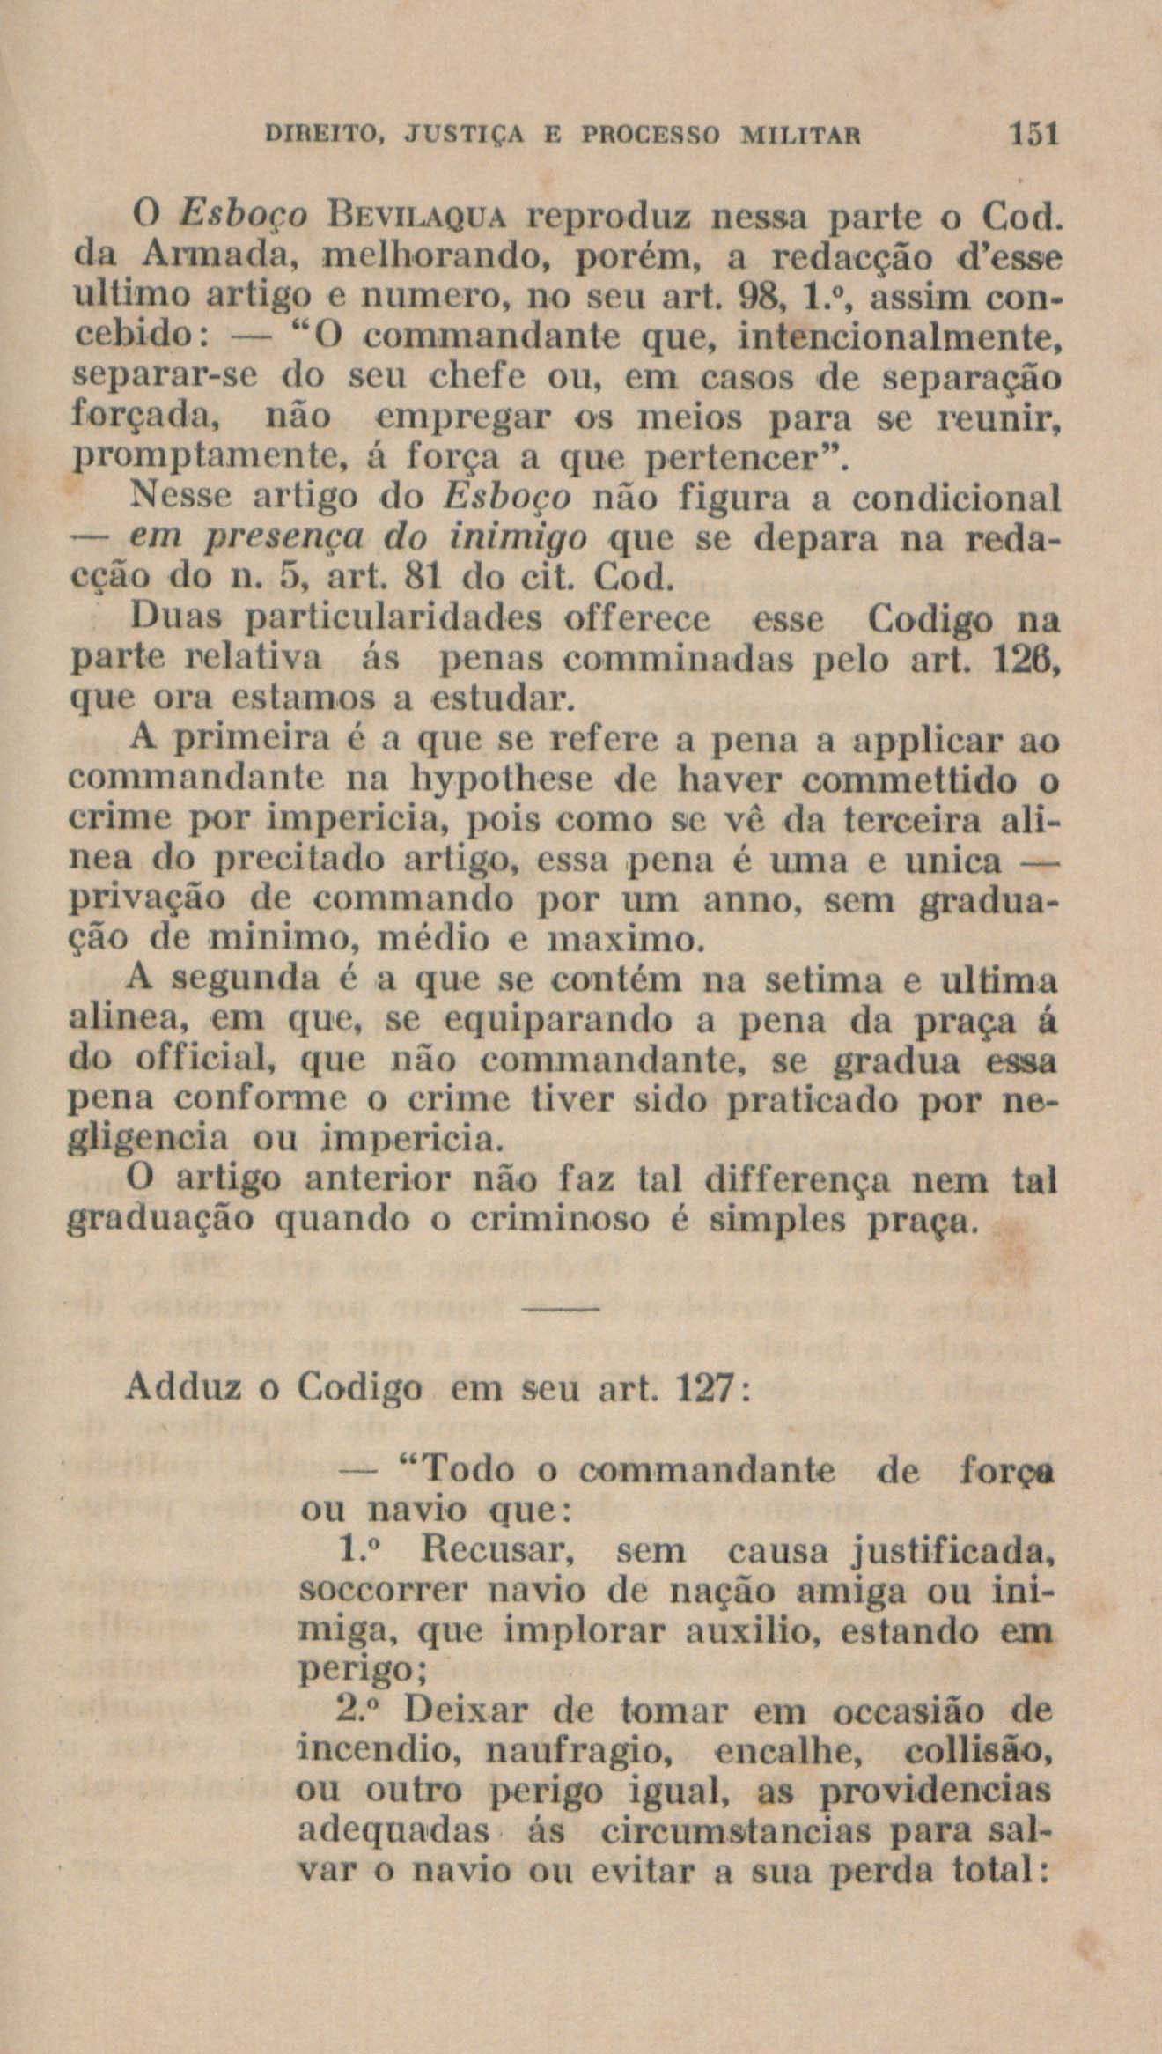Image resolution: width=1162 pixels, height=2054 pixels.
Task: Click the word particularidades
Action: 394,621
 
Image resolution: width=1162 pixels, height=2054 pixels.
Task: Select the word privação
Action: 148,901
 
